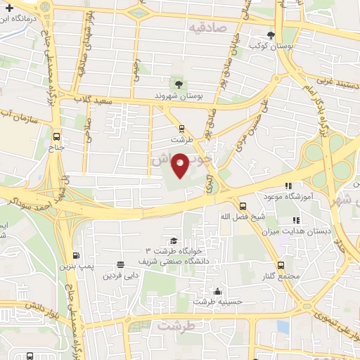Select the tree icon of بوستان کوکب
[x=271, y=36]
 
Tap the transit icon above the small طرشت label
[x=181, y=128]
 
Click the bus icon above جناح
[x=56, y=137]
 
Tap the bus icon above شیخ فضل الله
[x=243, y=205]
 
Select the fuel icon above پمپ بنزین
[x=77, y=256]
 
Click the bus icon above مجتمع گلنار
[x=281, y=265]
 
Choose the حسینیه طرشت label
[x=218, y=302]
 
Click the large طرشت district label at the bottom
[x=174, y=326]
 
